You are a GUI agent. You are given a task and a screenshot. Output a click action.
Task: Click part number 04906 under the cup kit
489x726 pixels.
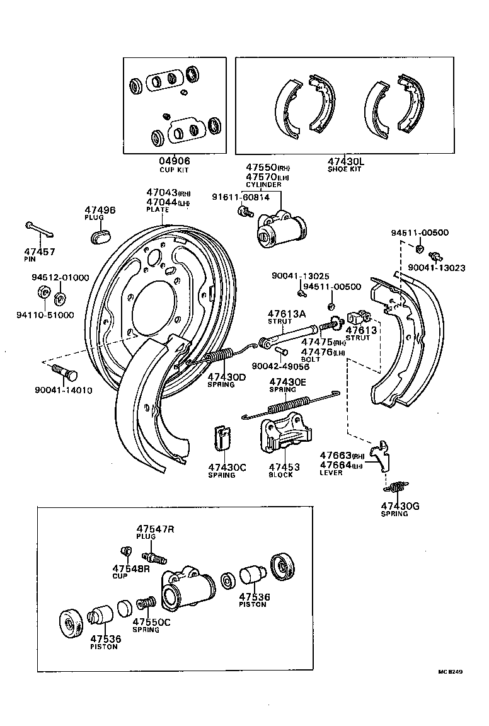point(174,161)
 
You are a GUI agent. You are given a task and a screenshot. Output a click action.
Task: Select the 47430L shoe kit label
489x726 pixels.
point(346,161)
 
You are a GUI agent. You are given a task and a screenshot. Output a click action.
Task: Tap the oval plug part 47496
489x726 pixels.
point(100,236)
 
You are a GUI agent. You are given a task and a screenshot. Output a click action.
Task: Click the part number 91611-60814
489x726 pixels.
point(241,197)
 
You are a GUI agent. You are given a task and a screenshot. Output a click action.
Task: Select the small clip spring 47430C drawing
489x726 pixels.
point(221,437)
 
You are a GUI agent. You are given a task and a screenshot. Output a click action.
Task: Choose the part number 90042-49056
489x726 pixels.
point(280,366)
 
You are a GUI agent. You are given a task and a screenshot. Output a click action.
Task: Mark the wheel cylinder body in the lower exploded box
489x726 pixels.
point(187,586)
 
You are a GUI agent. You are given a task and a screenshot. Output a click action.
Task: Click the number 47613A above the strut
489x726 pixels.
point(286,313)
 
